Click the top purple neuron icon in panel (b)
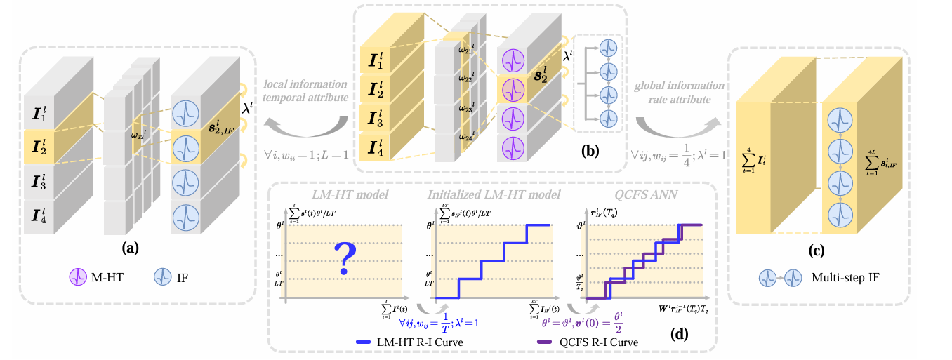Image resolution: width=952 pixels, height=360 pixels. [514, 60]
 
